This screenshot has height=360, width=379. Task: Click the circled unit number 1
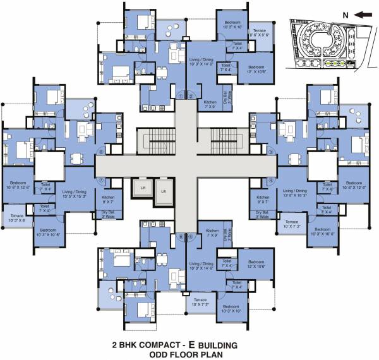[x=181, y=96]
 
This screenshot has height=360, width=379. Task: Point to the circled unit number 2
[x=190, y=96]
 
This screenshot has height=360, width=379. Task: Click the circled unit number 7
[x=100, y=180]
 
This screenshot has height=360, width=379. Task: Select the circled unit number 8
[x=100, y=152]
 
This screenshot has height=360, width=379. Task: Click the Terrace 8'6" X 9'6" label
[x=260, y=33]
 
